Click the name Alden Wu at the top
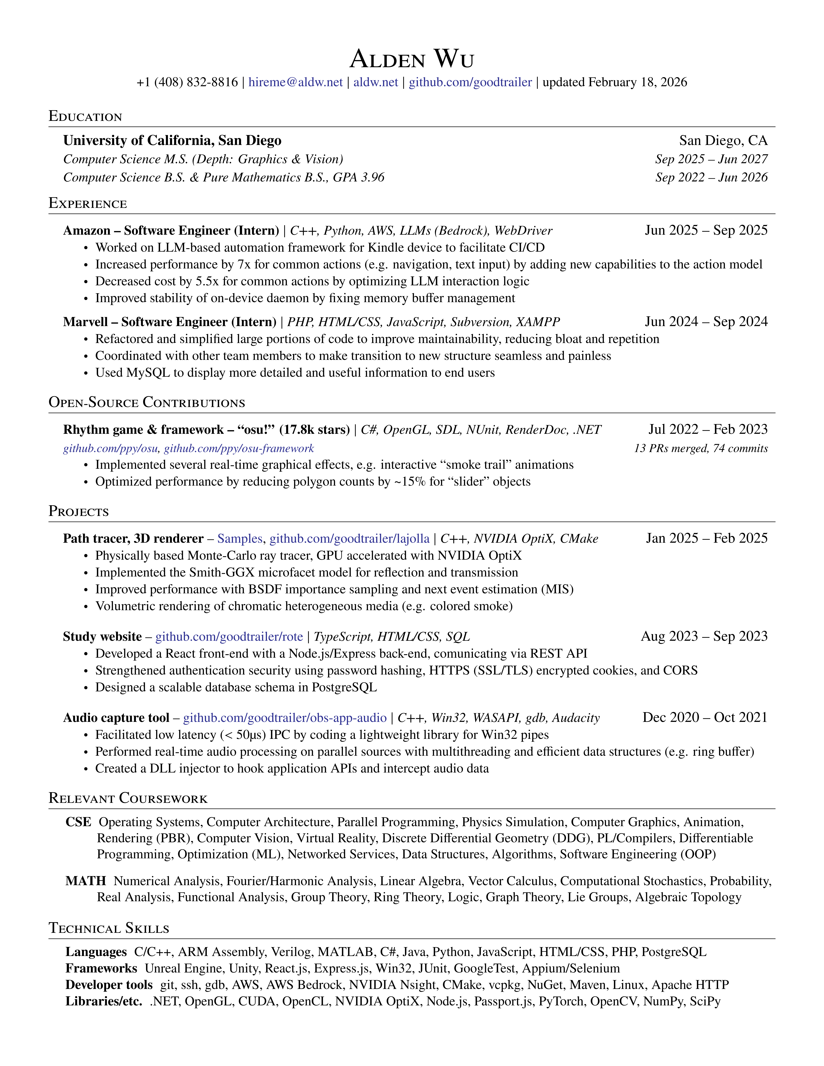coord(412,60)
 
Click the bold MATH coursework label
coord(86,881)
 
